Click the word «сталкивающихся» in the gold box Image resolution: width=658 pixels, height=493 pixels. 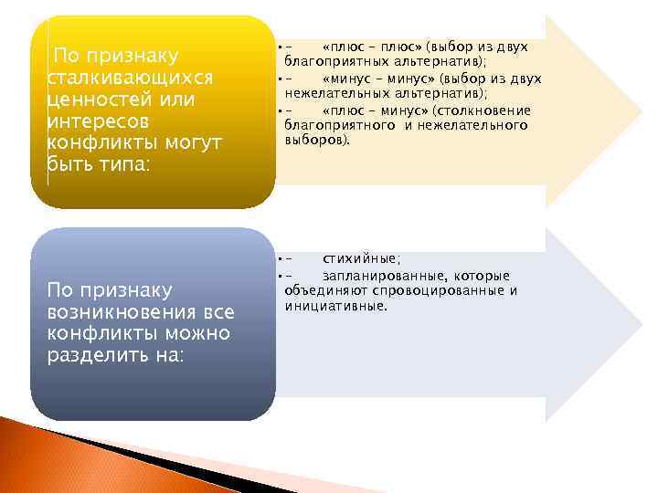pos(129,77)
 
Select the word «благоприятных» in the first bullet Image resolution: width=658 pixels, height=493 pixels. pos(330,60)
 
